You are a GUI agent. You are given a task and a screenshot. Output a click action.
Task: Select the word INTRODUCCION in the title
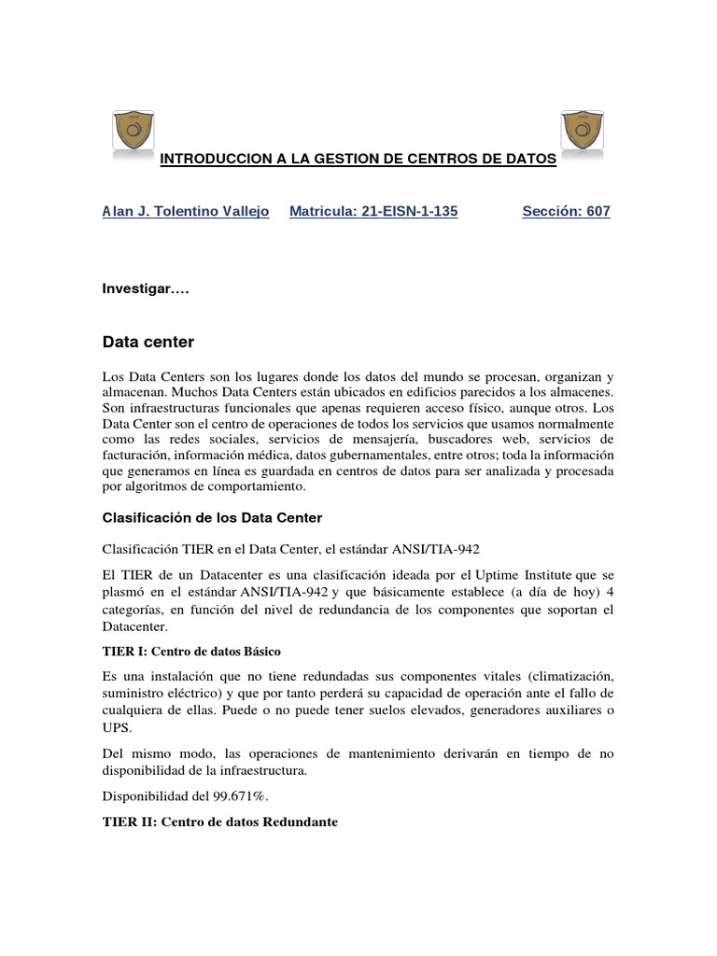208,160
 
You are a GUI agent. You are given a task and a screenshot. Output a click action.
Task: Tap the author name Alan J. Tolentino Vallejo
185,212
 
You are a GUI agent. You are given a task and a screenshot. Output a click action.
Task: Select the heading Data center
148,342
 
